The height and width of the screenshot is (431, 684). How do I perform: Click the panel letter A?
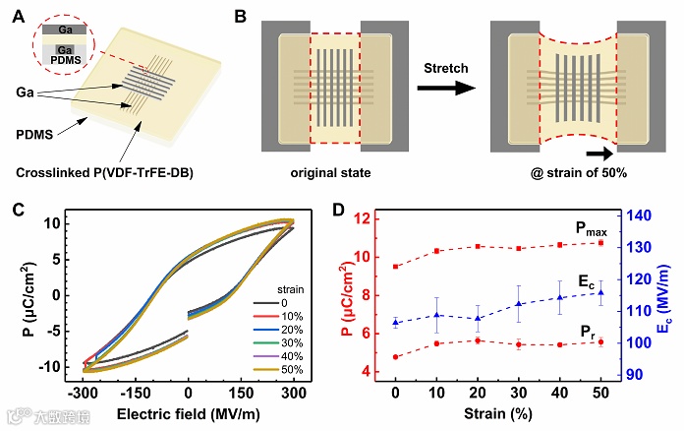(x=15, y=15)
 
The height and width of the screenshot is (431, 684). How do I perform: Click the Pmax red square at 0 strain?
(x=395, y=267)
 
